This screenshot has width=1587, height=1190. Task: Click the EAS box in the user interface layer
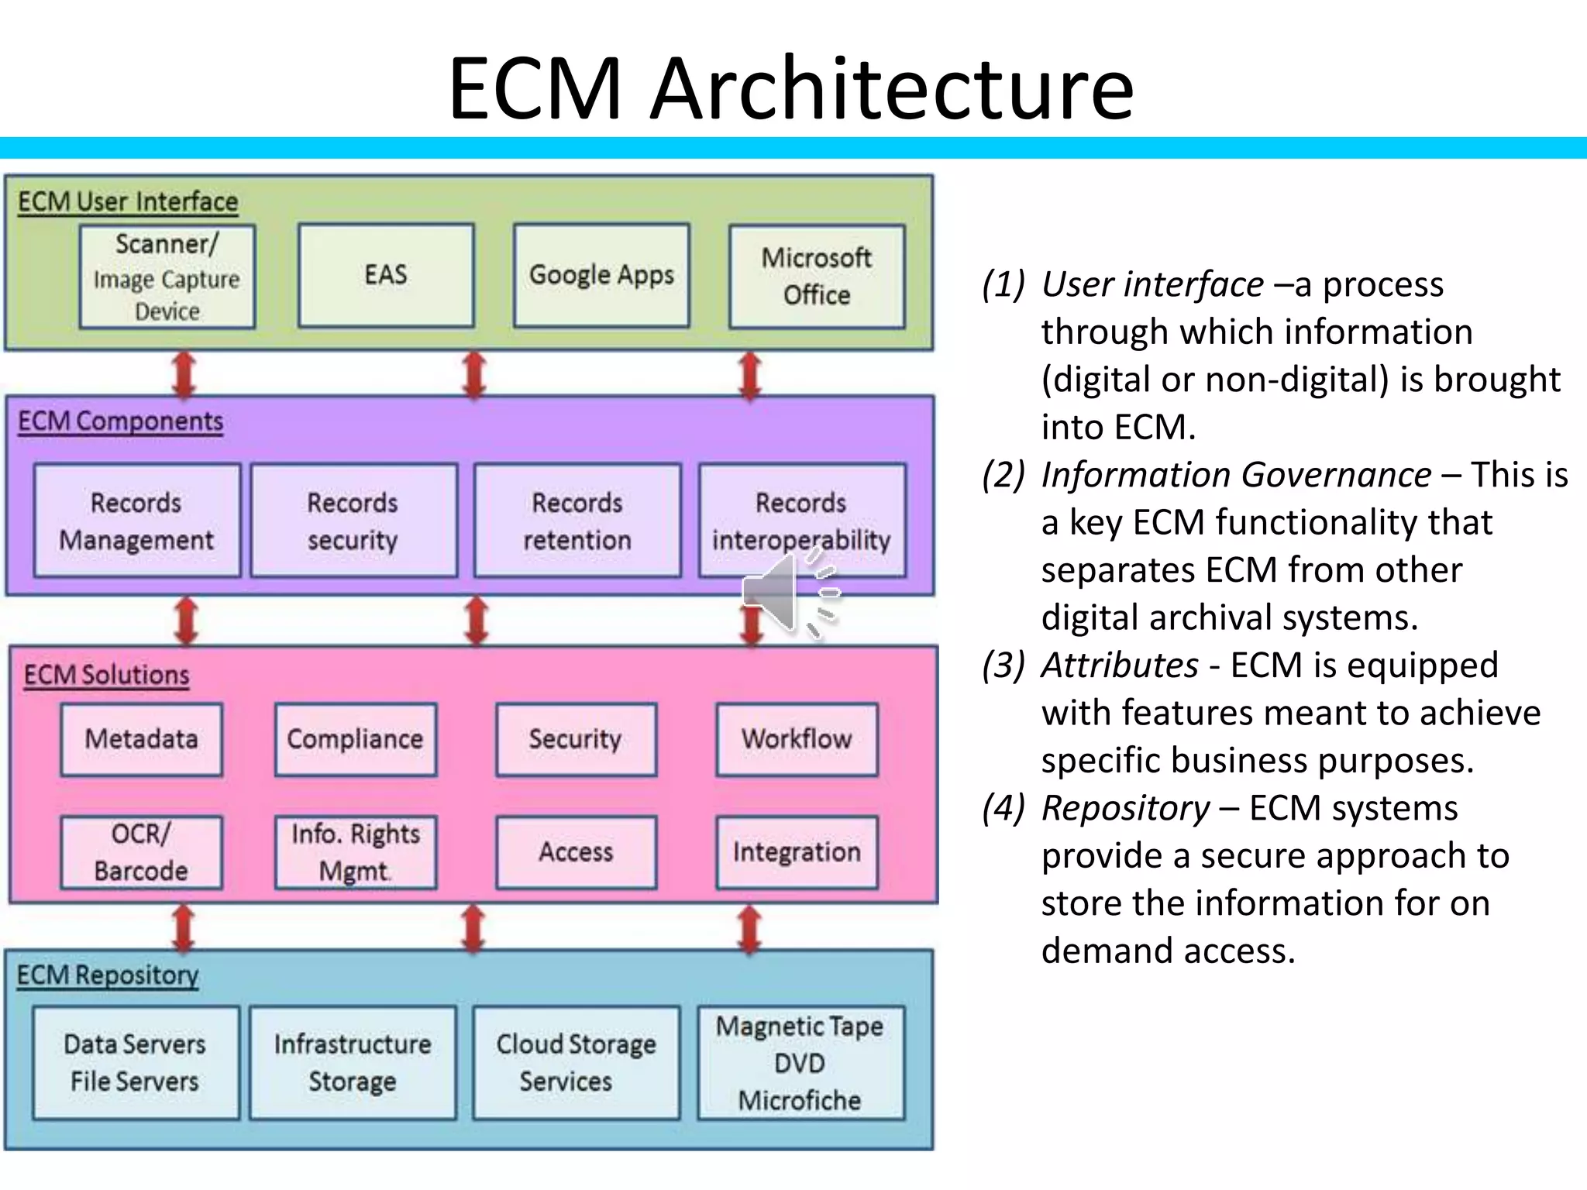(386, 275)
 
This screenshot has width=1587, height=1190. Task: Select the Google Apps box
(601, 275)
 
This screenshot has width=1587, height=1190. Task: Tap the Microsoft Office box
(817, 277)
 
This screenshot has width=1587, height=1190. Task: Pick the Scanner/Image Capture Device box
(167, 277)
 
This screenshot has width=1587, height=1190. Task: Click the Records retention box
(577, 521)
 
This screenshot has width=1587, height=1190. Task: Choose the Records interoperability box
(801, 521)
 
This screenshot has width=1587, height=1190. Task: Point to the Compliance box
(356, 739)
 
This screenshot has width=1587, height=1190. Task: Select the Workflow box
(797, 739)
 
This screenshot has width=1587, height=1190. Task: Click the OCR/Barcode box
(141, 852)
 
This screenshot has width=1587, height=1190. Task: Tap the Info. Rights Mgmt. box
(356, 852)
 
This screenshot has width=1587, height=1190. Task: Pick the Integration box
(797, 852)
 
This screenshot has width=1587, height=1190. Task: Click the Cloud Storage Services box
(577, 1062)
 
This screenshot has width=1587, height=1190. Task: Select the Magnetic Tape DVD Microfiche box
(800, 1062)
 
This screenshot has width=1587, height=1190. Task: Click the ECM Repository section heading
(108, 975)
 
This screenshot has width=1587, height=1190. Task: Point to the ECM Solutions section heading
(106, 675)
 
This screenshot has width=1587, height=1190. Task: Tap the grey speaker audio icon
(789, 595)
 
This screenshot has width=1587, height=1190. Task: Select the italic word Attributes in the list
(1120, 666)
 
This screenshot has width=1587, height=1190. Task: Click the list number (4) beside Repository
(1003, 808)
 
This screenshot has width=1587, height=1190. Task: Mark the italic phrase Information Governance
(1236, 475)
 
